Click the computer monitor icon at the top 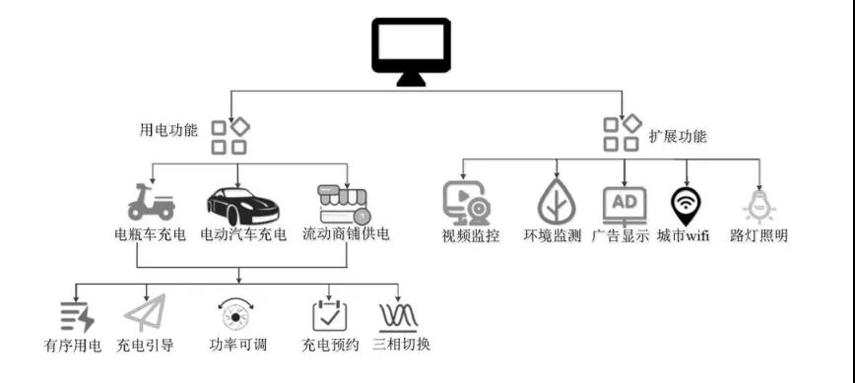pos(411,55)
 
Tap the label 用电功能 pos(169,129)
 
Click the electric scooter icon pos(152,203)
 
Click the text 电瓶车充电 pos(146,235)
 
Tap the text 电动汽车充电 pos(242,235)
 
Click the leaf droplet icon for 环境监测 pos(556,203)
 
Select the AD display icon pos(625,204)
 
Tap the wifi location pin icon pos(687,205)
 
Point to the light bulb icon pos(759,206)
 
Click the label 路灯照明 pos(759,236)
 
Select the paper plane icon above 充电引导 pos(144,314)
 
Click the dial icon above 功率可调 pos(237,314)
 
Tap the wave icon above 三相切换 pos(400,315)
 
